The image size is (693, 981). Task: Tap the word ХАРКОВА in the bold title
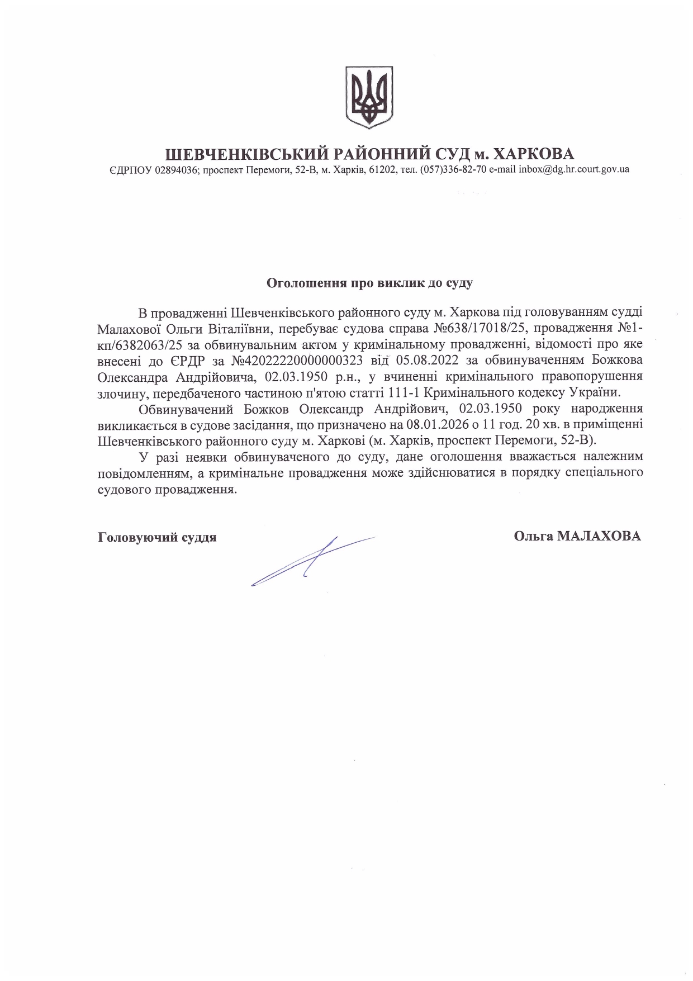[x=534, y=154]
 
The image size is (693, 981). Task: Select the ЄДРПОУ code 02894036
[x=174, y=169]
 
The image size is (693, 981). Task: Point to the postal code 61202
[x=381, y=169]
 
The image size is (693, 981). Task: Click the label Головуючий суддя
[x=157, y=537]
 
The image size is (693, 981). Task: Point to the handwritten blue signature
[x=313, y=560]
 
